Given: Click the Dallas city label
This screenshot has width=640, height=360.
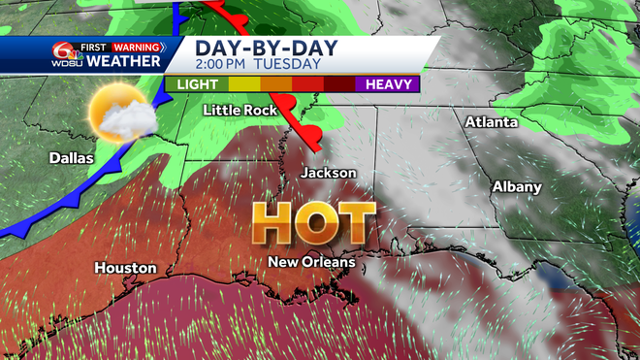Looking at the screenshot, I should coord(72,157).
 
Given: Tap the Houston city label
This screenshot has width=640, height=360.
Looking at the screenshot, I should coord(126,267).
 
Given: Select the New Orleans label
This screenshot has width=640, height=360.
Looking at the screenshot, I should coord(312,262).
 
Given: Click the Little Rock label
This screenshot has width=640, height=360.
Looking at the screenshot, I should coord(240,111).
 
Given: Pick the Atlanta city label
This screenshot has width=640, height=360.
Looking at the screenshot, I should coord(492,122).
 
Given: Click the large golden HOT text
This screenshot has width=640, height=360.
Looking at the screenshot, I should coord(314,224).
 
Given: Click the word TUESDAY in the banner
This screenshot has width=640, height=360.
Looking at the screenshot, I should coord(288,64).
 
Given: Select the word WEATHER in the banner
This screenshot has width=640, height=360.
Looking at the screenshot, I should coord(123,62).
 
